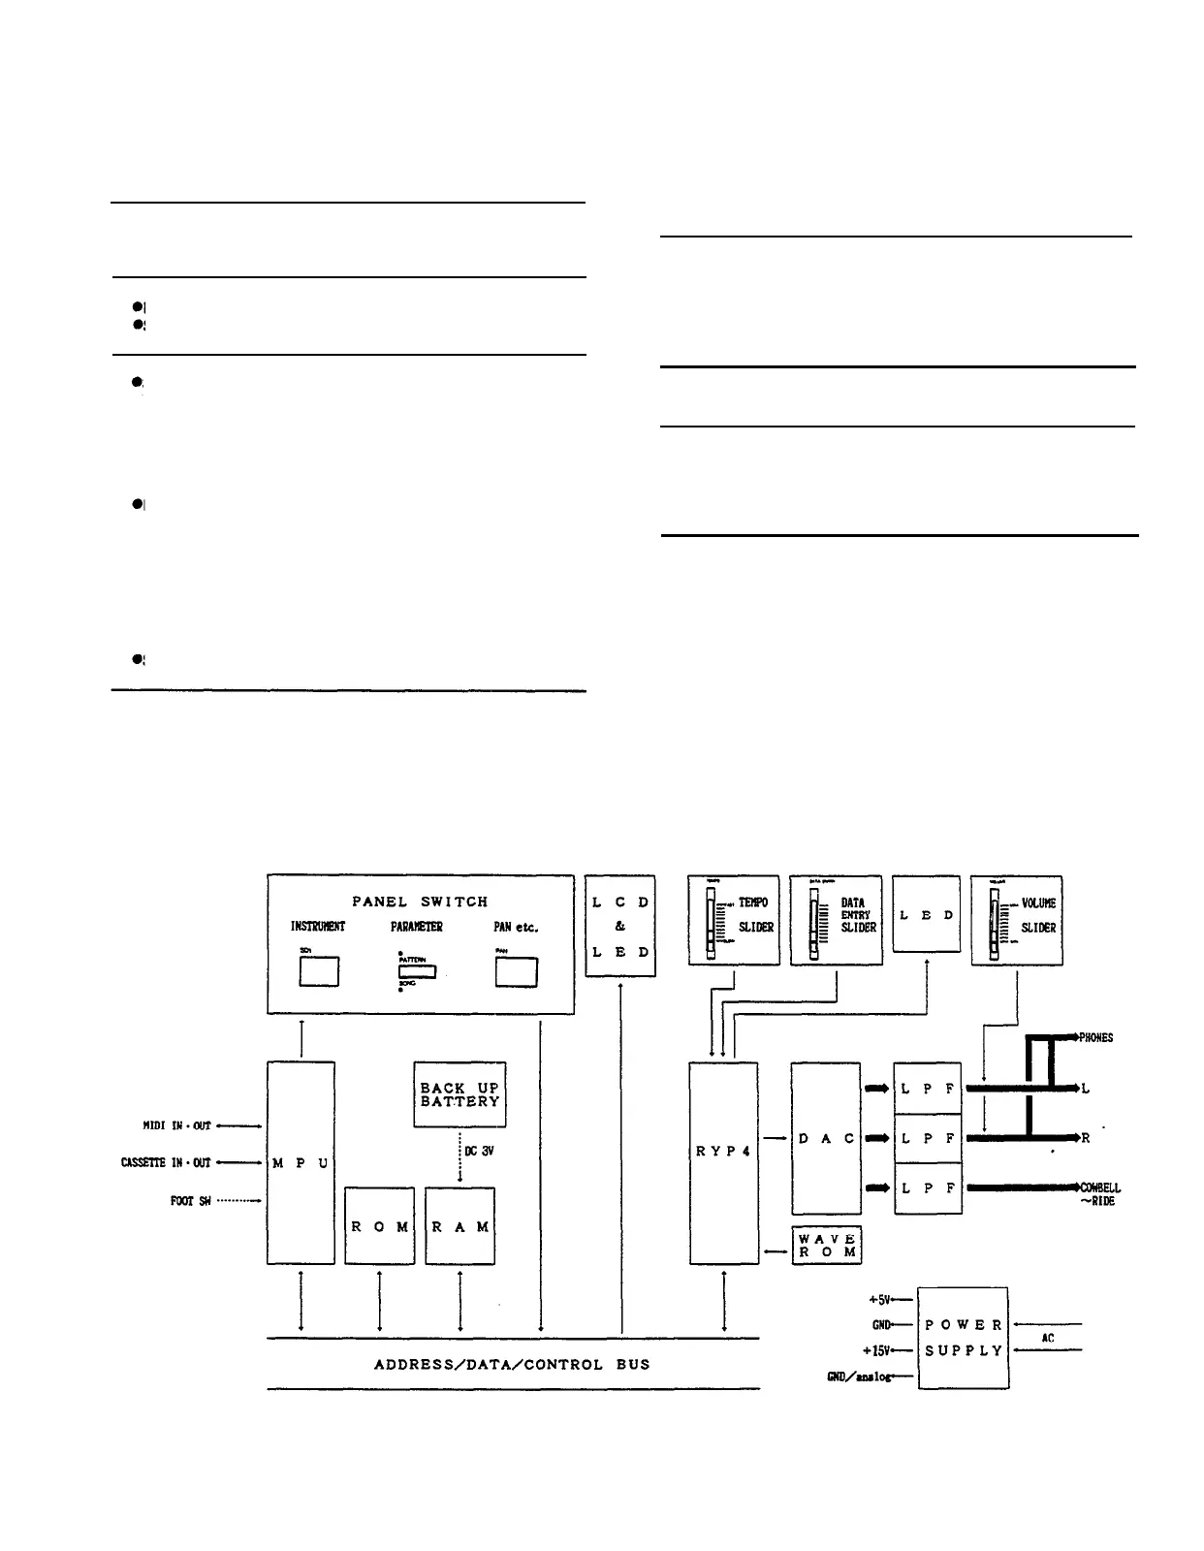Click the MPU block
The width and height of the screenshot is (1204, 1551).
pos(301,1162)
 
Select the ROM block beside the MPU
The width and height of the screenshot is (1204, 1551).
pos(379,1226)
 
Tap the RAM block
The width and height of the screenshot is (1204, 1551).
pos(459,1226)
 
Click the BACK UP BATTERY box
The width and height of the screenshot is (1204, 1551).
pos(459,1094)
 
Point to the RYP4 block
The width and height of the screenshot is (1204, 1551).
pos(723,1162)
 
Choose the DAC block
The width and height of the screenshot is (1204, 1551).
pos(826,1138)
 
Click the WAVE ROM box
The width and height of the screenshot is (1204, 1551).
pos(826,1246)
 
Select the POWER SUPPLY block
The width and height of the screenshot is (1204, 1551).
pos(963,1338)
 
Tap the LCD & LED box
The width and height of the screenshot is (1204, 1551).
pos(620,926)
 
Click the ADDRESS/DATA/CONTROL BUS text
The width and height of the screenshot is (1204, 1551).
pos(512,1364)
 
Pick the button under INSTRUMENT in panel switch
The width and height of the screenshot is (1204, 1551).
pos(318,971)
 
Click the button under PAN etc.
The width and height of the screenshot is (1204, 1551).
pos(516,971)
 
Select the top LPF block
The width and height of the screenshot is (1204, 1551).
pos(928,1089)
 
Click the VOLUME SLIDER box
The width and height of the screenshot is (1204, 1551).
pos(1016,920)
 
